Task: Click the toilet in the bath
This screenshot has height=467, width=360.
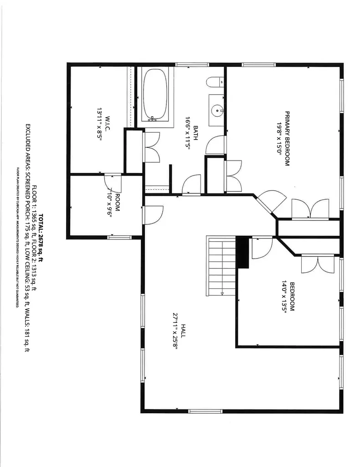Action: [x=215, y=83]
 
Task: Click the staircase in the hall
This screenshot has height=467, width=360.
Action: [x=221, y=265]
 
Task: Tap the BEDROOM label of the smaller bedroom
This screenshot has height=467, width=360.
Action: [x=292, y=297]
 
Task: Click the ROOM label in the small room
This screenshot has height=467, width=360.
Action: [x=118, y=202]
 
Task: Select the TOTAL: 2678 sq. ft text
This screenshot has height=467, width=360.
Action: [x=41, y=238]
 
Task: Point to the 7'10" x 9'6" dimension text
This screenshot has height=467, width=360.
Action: [x=109, y=202]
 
